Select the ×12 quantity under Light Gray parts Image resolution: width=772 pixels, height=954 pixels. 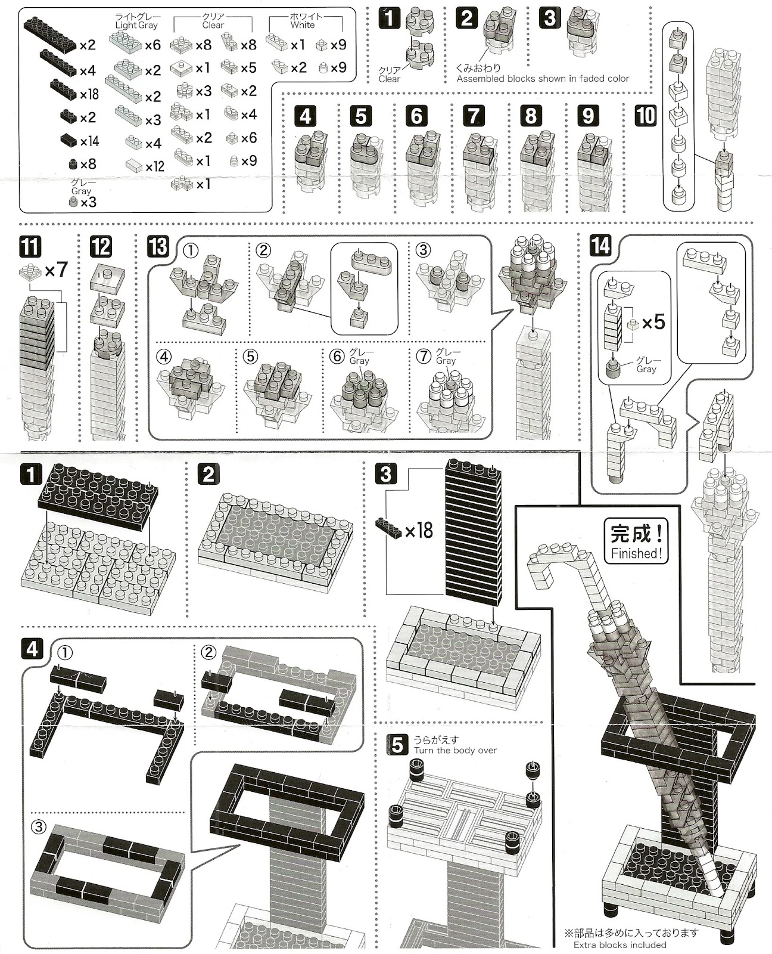154,166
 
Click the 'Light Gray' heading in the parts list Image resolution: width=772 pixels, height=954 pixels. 136,22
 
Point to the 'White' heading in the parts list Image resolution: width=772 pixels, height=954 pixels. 303,22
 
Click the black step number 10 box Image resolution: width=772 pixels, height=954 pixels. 646,116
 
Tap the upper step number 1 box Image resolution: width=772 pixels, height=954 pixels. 390,18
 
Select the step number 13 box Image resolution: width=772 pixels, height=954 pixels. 158,246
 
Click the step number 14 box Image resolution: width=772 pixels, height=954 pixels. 600,245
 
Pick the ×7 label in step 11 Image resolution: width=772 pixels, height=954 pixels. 56,270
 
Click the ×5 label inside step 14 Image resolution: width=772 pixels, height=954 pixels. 653,322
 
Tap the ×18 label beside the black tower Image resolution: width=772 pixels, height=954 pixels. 418,530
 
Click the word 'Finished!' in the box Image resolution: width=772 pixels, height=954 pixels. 636,553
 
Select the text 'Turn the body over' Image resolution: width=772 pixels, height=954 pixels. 455,751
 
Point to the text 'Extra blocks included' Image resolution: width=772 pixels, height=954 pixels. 620,944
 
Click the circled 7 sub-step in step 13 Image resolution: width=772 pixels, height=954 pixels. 424,356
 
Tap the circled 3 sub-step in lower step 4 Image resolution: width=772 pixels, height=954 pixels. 38,827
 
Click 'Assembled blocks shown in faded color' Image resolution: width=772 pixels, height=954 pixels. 543,78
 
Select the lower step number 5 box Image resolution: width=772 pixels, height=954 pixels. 397,745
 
